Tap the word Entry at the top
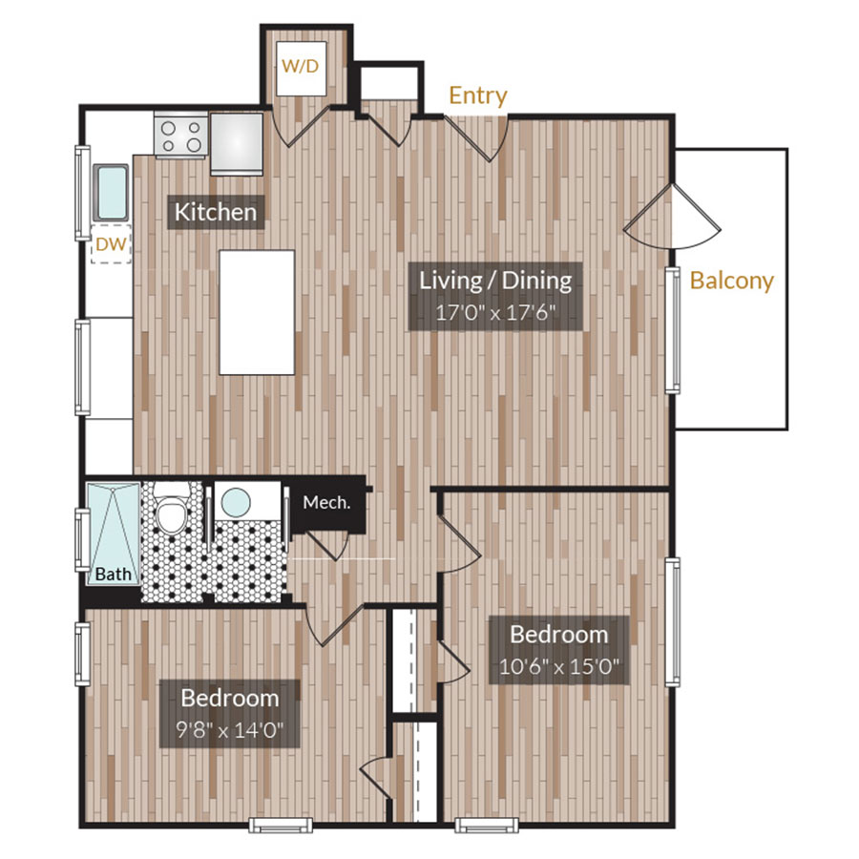(x=478, y=95)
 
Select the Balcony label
(x=731, y=281)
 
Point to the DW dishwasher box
(x=111, y=244)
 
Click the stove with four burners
(x=180, y=135)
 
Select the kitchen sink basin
(x=112, y=192)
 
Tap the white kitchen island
(x=257, y=312)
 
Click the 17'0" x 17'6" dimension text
(x=495, y=312)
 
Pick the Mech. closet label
(x=326, y=502)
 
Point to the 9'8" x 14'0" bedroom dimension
(x=229, y=730)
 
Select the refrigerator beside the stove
(x=237, y=142)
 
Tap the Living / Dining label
(x=495, y=280)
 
